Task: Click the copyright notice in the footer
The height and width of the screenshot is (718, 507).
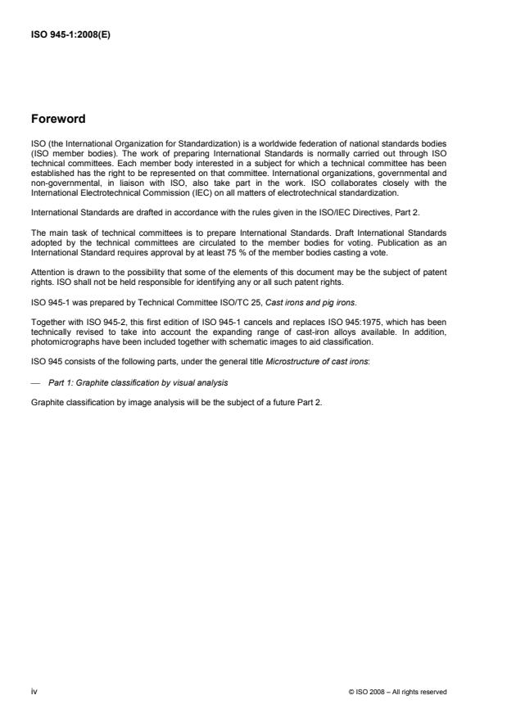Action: click(x=397, y=692)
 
